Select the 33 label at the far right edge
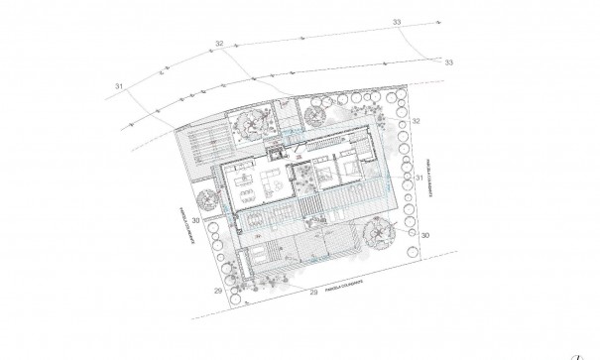[448, 62]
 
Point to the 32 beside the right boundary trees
[418, 121]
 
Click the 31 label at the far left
[118, 88]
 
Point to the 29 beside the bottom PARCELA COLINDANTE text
[314, 294]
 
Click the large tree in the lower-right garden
[381, 235]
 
